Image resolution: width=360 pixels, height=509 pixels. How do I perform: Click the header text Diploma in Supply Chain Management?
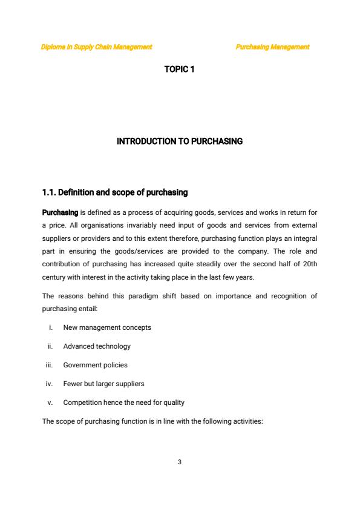[x=96, y=47]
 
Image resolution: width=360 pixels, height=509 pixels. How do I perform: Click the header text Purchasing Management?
[x=272, y=47]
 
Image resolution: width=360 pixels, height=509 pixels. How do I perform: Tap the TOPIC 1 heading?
[x=179, y=70]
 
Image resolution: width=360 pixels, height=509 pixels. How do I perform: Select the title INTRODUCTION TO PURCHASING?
[x=179, y=142]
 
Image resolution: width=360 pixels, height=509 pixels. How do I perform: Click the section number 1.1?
[x=50, y=192]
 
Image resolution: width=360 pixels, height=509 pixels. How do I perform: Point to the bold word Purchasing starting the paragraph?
[x=60, y=213]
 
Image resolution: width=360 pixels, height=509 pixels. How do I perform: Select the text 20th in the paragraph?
[x=309, y=264]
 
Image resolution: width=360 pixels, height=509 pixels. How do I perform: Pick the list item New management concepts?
[x=107, y=327]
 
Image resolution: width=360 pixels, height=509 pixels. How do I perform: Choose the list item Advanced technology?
[x=97, y=346]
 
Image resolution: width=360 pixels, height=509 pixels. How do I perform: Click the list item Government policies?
[x=96, y=365]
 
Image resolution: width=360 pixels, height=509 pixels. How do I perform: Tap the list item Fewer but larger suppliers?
[x=103, y=384]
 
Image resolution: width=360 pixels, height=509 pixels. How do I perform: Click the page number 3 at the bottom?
[x=180, y=462]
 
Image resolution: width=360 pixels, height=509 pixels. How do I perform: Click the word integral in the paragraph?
[x=304, y=238]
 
